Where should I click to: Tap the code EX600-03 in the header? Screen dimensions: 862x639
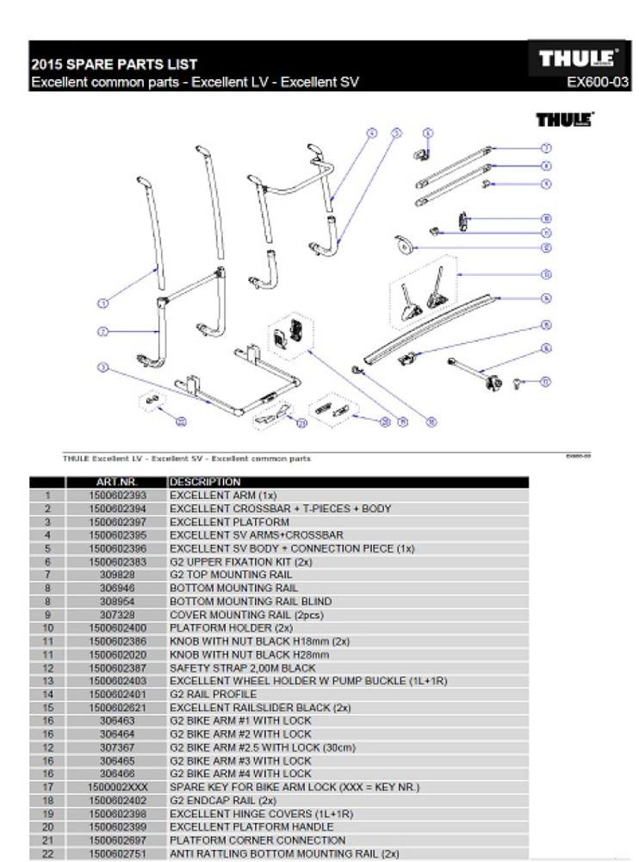pos(597,83)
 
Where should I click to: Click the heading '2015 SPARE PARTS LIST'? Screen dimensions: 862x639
pos(115,65)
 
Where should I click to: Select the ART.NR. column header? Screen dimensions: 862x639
pos(118,482)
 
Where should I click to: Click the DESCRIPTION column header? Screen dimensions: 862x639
pos(206,482)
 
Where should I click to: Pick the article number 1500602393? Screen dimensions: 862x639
pos(119,496)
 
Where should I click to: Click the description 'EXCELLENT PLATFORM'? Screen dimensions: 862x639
pos(229,522)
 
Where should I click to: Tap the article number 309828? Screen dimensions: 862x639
pos(119,575)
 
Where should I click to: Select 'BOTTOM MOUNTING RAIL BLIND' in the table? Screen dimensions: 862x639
pos(251,602)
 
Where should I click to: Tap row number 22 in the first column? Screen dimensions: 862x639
pos(49,853)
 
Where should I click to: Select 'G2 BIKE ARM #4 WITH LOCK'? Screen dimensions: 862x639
pos(240,774)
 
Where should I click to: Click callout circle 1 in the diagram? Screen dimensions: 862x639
pos(102,303)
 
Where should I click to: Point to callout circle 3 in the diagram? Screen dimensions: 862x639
pos(102,368)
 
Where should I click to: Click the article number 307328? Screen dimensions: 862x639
pos(119,615)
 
